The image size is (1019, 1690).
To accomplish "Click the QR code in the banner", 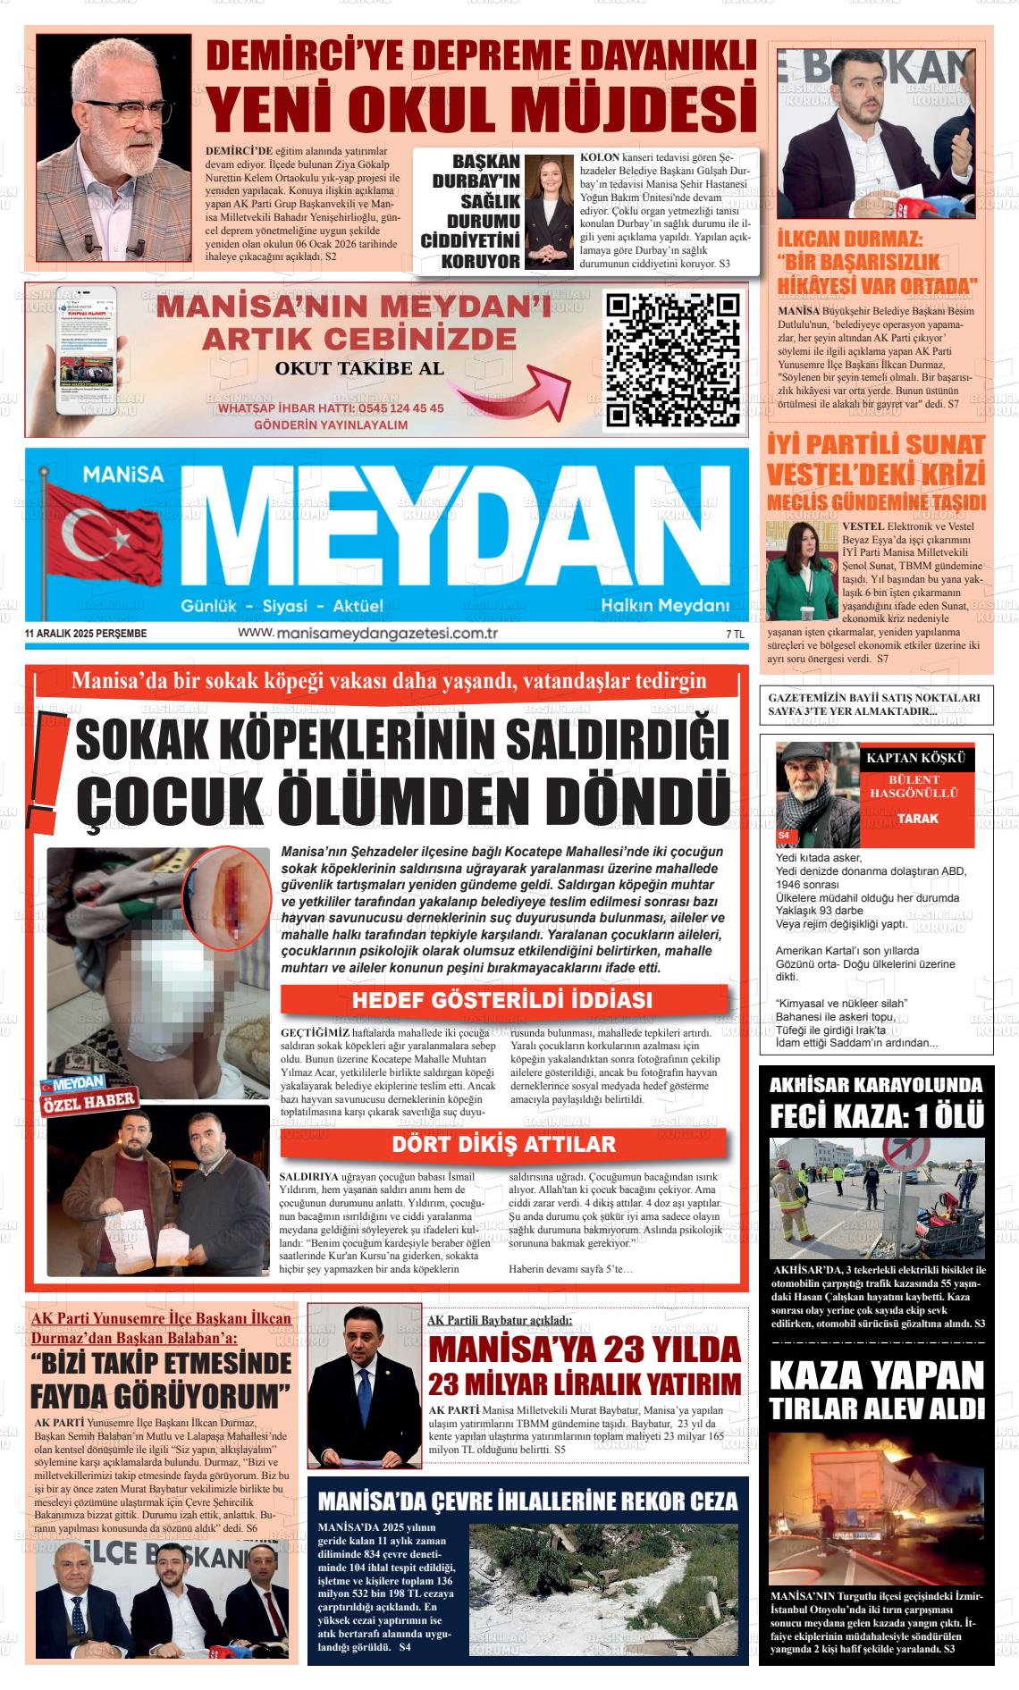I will click(674, 359).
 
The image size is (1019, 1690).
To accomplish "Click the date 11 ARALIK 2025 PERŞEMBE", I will click(87, 634).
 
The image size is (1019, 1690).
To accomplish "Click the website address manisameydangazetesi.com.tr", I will click(367, 633).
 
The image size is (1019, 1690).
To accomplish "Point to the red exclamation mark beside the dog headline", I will click(42, 775).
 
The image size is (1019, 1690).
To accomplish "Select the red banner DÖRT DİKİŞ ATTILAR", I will click(503, 1144).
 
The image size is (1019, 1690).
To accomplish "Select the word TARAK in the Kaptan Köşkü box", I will click(917, 819).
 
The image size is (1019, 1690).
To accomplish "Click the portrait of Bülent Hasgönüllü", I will click(816, 794).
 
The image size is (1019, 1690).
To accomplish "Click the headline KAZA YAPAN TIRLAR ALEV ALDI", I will click(875, 1392).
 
